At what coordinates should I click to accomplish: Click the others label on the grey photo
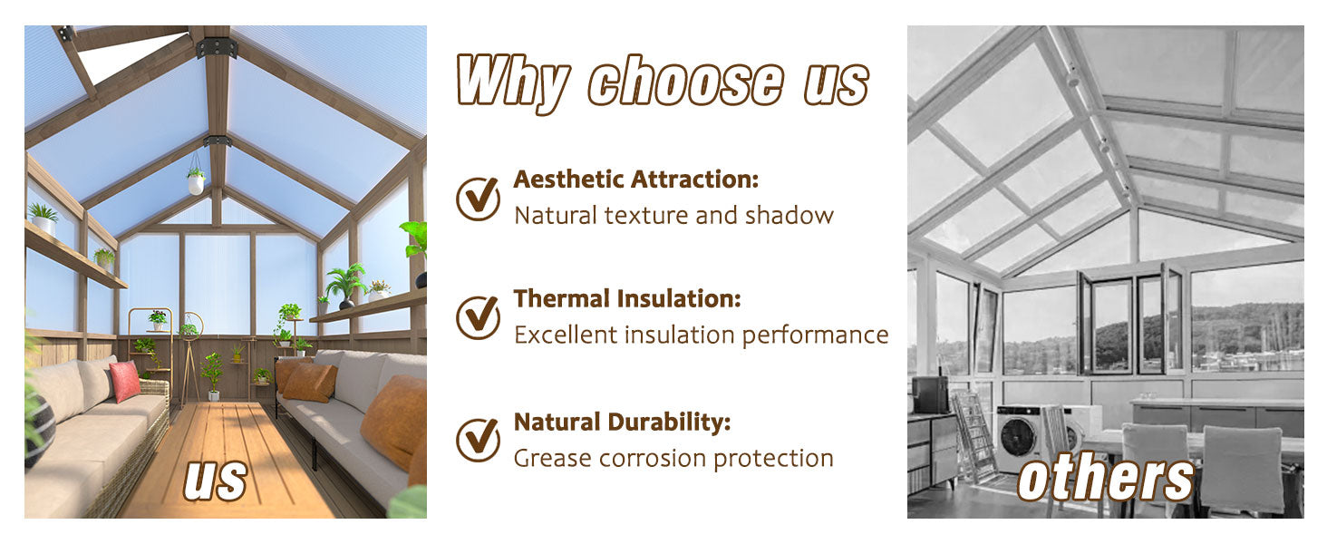(1105, 478)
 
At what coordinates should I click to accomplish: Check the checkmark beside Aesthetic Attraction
(478, 198)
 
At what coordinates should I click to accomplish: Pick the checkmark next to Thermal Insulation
(478, 316)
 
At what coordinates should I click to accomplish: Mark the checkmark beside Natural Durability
(478, 439)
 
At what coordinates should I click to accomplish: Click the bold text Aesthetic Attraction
(635, 180)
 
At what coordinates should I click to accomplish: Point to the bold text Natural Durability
(622, 422)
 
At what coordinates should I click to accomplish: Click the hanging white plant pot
(196, 184)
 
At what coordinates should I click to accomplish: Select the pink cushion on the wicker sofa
(124, 381)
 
